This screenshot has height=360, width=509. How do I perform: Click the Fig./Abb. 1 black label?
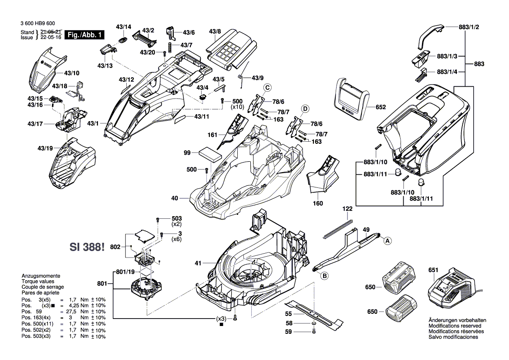click(x=84, y=35)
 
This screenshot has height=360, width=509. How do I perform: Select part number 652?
click(x=381, y=107)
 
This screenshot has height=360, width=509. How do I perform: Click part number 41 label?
click(x=198, y=263)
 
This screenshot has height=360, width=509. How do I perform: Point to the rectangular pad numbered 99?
click(x=209, y=155)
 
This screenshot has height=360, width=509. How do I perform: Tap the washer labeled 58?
click(x=314, y=324)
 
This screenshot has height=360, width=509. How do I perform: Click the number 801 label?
click(x=102, y=284)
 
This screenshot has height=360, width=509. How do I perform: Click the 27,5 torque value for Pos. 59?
click(x=74, y=312)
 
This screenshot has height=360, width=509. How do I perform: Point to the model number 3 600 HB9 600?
click(x=37, y=23)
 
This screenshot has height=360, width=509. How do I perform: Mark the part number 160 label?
click(x=318, y=203)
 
